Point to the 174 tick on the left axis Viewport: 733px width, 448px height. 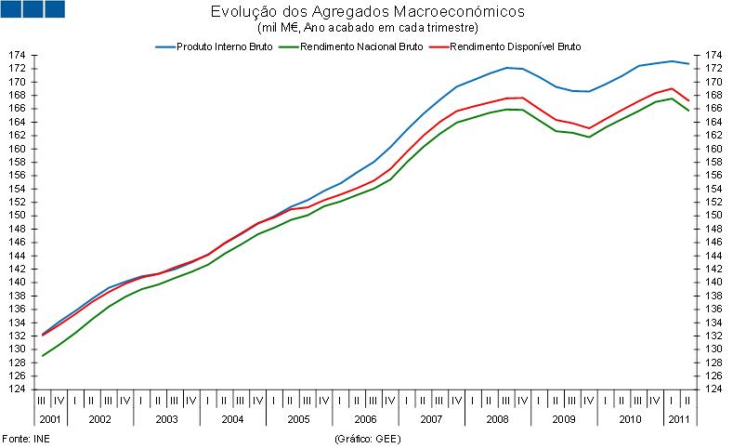[x=17, y=56]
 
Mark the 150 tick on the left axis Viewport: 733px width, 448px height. [x=17, y=216]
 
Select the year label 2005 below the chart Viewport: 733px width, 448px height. [x=297, y=419]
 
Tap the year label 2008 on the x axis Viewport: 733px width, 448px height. [x=496, y=419]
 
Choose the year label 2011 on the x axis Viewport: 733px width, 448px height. [x=678, y=419]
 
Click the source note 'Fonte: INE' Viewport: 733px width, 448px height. [x=25, y=437]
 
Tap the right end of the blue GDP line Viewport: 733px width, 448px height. [x=687, y=63]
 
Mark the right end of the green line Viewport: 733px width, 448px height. [x=687, y=111]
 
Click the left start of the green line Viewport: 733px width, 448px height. [x=42, y=356]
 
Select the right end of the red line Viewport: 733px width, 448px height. [x=687, y=100]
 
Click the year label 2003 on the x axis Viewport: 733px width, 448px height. [x=165, y=419]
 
